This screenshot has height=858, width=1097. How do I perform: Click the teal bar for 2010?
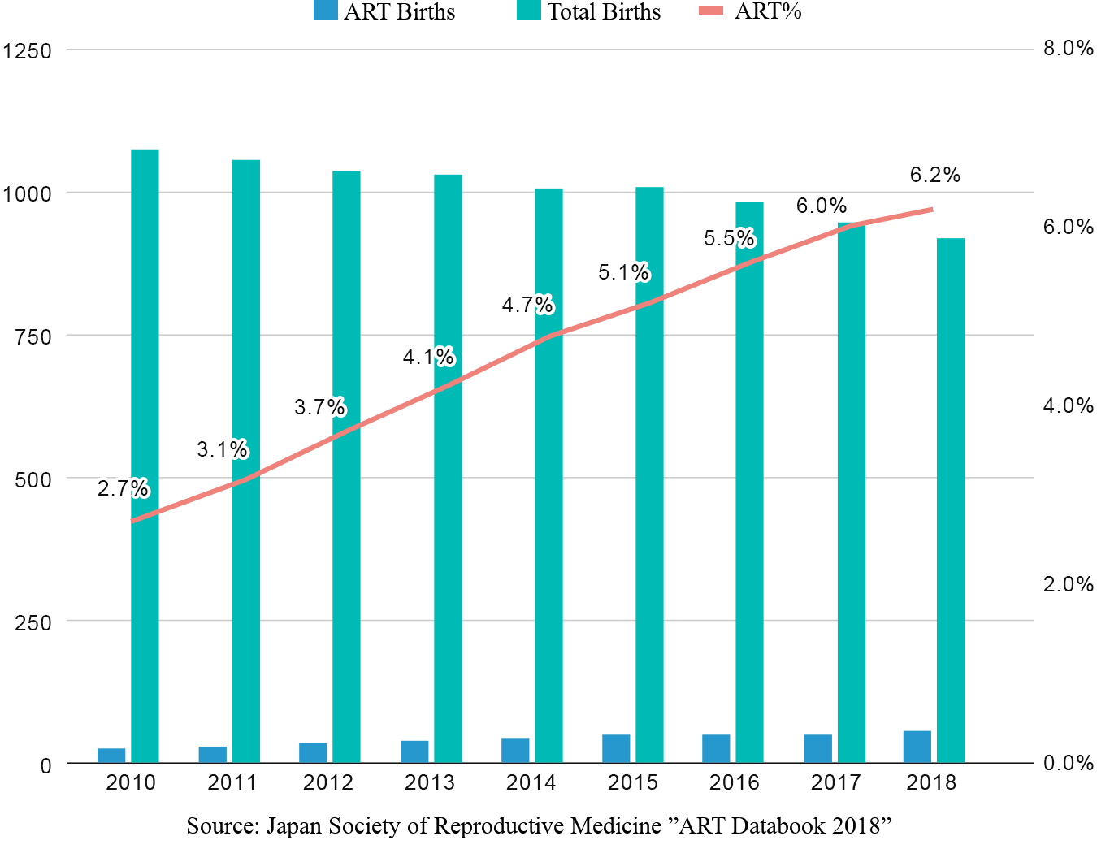click(145, 455)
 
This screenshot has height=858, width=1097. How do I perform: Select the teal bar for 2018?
click(950, 500)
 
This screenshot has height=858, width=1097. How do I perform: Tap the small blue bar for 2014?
click(515, 750)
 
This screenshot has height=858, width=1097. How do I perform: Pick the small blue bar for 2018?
click(917, 746)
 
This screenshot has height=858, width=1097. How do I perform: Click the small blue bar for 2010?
click(112, 755)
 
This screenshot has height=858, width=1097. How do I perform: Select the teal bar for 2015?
click(649, 474)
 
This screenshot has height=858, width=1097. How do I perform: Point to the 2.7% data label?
click(123, 488)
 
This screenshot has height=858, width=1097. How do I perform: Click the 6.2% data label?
click(935, 175)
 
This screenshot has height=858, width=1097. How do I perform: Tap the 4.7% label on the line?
click(527, 305)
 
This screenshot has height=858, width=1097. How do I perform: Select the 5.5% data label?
click(729, 238)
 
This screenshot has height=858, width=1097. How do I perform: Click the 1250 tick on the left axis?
click(28, 51)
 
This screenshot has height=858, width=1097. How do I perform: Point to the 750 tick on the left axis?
click(33, 336)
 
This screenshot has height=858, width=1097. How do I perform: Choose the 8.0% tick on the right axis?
click(1068, 49)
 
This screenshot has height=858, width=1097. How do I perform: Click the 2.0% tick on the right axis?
click(1068, 584)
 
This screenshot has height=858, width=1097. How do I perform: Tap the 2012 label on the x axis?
click(328, 782)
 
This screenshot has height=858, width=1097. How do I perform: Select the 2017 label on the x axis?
click(835, 782)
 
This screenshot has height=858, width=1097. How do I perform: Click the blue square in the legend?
click(326, 10)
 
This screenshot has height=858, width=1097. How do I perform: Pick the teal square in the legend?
click(529, 10)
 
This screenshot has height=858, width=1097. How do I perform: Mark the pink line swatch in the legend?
click(711, 11)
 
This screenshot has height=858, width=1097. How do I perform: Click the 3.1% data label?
click(222, 449)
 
